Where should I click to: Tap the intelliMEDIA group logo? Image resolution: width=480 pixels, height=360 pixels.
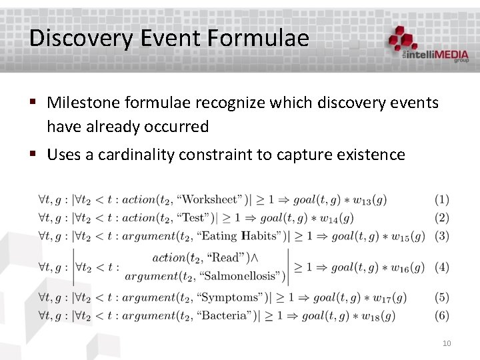click(429, 45)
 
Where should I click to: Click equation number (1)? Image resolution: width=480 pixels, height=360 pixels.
click(441, 199)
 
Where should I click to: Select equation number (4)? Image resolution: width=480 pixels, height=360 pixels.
click(441, 267)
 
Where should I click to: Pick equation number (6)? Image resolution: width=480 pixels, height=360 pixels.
click(441, 315)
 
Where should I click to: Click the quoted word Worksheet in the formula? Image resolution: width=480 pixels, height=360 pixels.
click(210, 199)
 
